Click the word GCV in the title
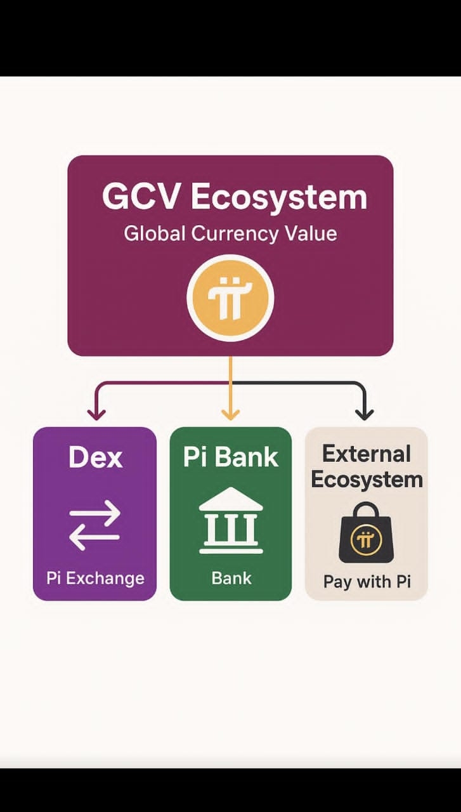tap(140, 197)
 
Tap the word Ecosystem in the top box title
tap(279, 197)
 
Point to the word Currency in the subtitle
tap(235, 233)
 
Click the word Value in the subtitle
tap(310, 233)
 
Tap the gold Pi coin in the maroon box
tap(230, 297)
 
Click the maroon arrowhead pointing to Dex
tap(96, 414)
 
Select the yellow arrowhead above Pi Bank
tap(230, 414)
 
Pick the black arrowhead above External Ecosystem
tap(364, 414)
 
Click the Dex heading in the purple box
tap(95, 457)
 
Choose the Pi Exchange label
tap(95, 578)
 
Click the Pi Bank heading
tap(231, 457)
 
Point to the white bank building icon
tap(231, 520)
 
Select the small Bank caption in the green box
tap(231, 578)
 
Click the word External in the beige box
tap(367, 454)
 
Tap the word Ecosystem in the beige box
tap(367, 480)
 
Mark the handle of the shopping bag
tap(366, 511)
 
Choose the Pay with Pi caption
tap(367, 581)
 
